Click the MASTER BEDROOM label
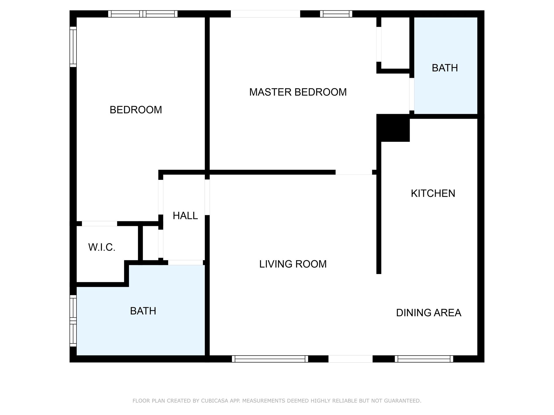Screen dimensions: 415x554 [x=298, y=92]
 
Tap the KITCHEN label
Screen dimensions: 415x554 [x=433, y=193]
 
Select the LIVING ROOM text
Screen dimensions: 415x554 [x=293, y=264]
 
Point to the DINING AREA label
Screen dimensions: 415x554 [x=428, y=313]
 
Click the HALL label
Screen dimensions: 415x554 [x=185, y=216]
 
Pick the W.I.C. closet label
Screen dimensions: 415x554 [x=102, y=247]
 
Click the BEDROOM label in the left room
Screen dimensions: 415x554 [x=136, y=110]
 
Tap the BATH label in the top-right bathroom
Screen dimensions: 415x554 [x=445, y=68]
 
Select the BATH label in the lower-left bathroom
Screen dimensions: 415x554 [x=143, y=311]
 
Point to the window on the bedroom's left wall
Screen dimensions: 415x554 [x=73, y=47]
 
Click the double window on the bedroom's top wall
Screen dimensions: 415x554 [x=143, y=14]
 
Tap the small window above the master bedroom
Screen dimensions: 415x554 [x=336, y=14]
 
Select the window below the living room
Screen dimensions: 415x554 [x=270, y=359]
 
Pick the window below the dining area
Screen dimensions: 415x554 [x=424, y=359]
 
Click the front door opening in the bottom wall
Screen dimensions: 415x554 [x=350, y=359]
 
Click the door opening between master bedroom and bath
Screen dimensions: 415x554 [x=412, y=94]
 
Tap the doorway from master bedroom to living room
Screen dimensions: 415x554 [x=353, y=172]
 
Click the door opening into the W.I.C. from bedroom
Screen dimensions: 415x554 [x=100, y=224]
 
